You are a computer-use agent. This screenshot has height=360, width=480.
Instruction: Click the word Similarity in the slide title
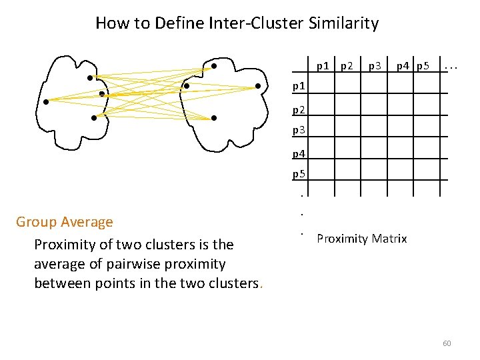(x=343, y=23)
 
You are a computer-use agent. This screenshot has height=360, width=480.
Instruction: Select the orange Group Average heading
(x=65, y=221)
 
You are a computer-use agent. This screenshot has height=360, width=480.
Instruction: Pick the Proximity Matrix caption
(x=361, y=239)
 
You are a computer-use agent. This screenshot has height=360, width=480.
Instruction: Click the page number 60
(x=447, y=343)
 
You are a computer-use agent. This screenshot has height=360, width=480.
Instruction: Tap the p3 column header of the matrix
(x=375, y=65)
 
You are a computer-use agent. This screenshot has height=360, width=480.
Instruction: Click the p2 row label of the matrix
(x=299, y=108)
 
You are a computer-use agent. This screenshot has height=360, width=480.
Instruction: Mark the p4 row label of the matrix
(x=299, y=154)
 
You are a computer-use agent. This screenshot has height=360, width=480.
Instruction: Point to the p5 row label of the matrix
(x=299, y=175)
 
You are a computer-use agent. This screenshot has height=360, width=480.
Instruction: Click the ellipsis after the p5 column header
(x=451, y=65)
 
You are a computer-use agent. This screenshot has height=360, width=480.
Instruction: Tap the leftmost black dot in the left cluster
(x=46, y=102)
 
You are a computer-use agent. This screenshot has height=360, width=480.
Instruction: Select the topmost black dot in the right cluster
(x=213, y=66)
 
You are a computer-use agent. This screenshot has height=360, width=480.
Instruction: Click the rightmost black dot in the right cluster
(x=258, y=86)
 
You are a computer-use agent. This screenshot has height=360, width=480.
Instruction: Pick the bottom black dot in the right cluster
(x=214, y=118)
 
